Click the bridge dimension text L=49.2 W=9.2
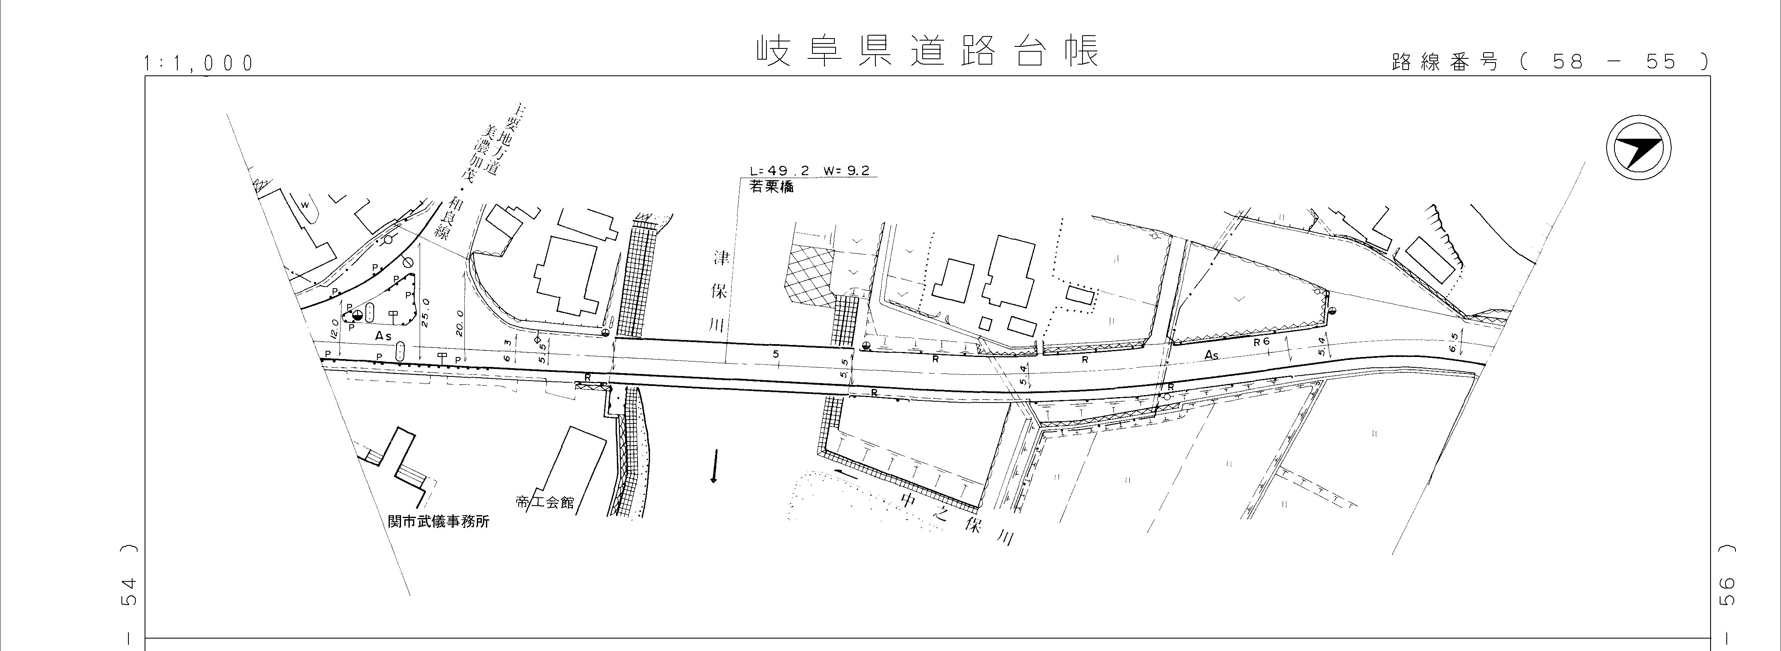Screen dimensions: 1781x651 [810, 171]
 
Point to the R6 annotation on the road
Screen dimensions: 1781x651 [1262, 341]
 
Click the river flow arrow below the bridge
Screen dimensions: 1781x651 [713, 466]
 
